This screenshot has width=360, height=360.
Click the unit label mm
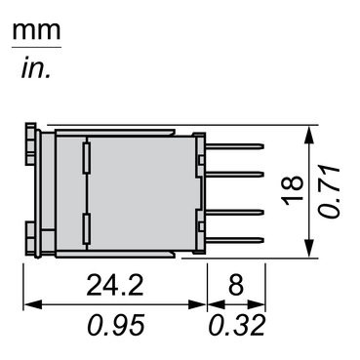pos(35,30)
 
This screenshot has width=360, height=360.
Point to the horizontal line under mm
pos(35,47)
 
